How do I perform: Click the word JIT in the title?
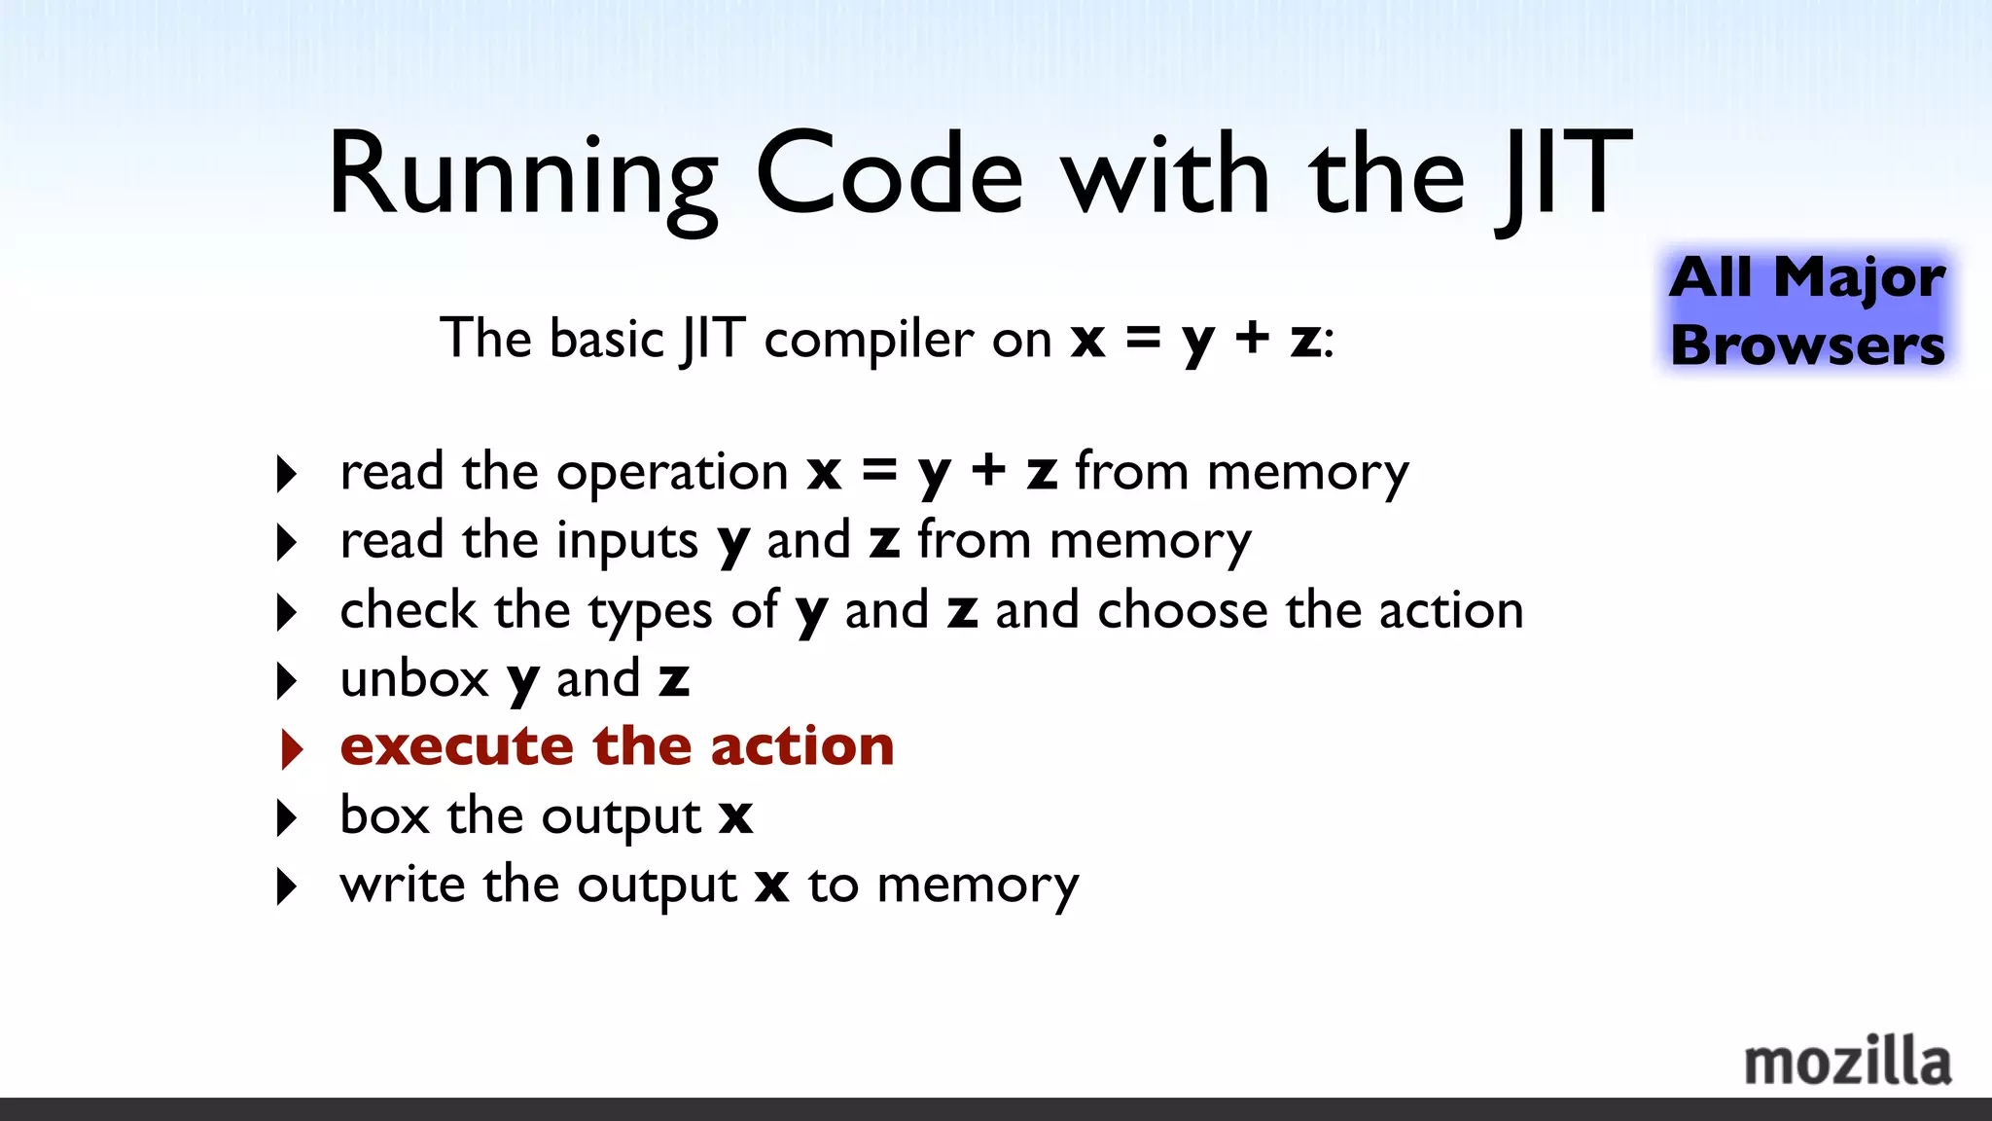[1564, 175]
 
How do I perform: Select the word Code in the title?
[889, 175]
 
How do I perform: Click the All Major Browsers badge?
[1807, 310]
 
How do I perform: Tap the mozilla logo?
[1847, 1062]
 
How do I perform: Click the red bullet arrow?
[291, 748]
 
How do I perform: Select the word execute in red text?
[456, 747]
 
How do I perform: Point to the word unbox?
[414, 679]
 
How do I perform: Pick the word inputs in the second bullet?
[627, 542]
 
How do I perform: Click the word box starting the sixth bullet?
[384, 815]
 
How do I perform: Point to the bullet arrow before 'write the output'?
[287, 886]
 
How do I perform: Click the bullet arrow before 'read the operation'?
[287, 474]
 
